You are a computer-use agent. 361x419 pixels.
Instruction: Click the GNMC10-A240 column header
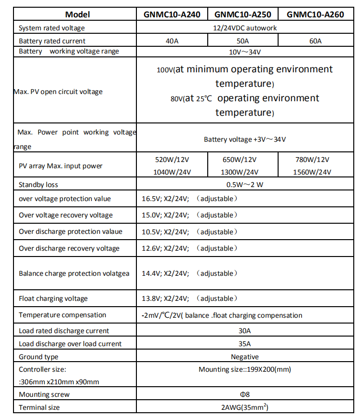[172, 14]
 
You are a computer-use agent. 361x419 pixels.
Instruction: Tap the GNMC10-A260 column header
[315, 14]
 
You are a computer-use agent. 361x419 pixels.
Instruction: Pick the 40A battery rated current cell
[172, 41]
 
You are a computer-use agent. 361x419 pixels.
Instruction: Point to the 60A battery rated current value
[315, 41]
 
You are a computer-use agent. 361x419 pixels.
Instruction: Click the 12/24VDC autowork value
[245, 28]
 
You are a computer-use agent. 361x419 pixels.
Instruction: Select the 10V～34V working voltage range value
[245, 52]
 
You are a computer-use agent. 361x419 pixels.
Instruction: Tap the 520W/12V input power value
[172, 160]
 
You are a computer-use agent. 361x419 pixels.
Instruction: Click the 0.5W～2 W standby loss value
[245, 185]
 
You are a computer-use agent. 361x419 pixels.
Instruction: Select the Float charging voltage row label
[53, 298]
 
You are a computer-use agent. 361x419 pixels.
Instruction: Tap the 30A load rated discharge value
[245, 331]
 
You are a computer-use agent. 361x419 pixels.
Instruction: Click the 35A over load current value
[245, 344]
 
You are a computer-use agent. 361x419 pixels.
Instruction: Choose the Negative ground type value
[245, 357]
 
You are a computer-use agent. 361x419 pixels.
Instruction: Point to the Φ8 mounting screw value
[245, 394]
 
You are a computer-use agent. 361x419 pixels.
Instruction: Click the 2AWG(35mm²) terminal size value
[245, 407]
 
